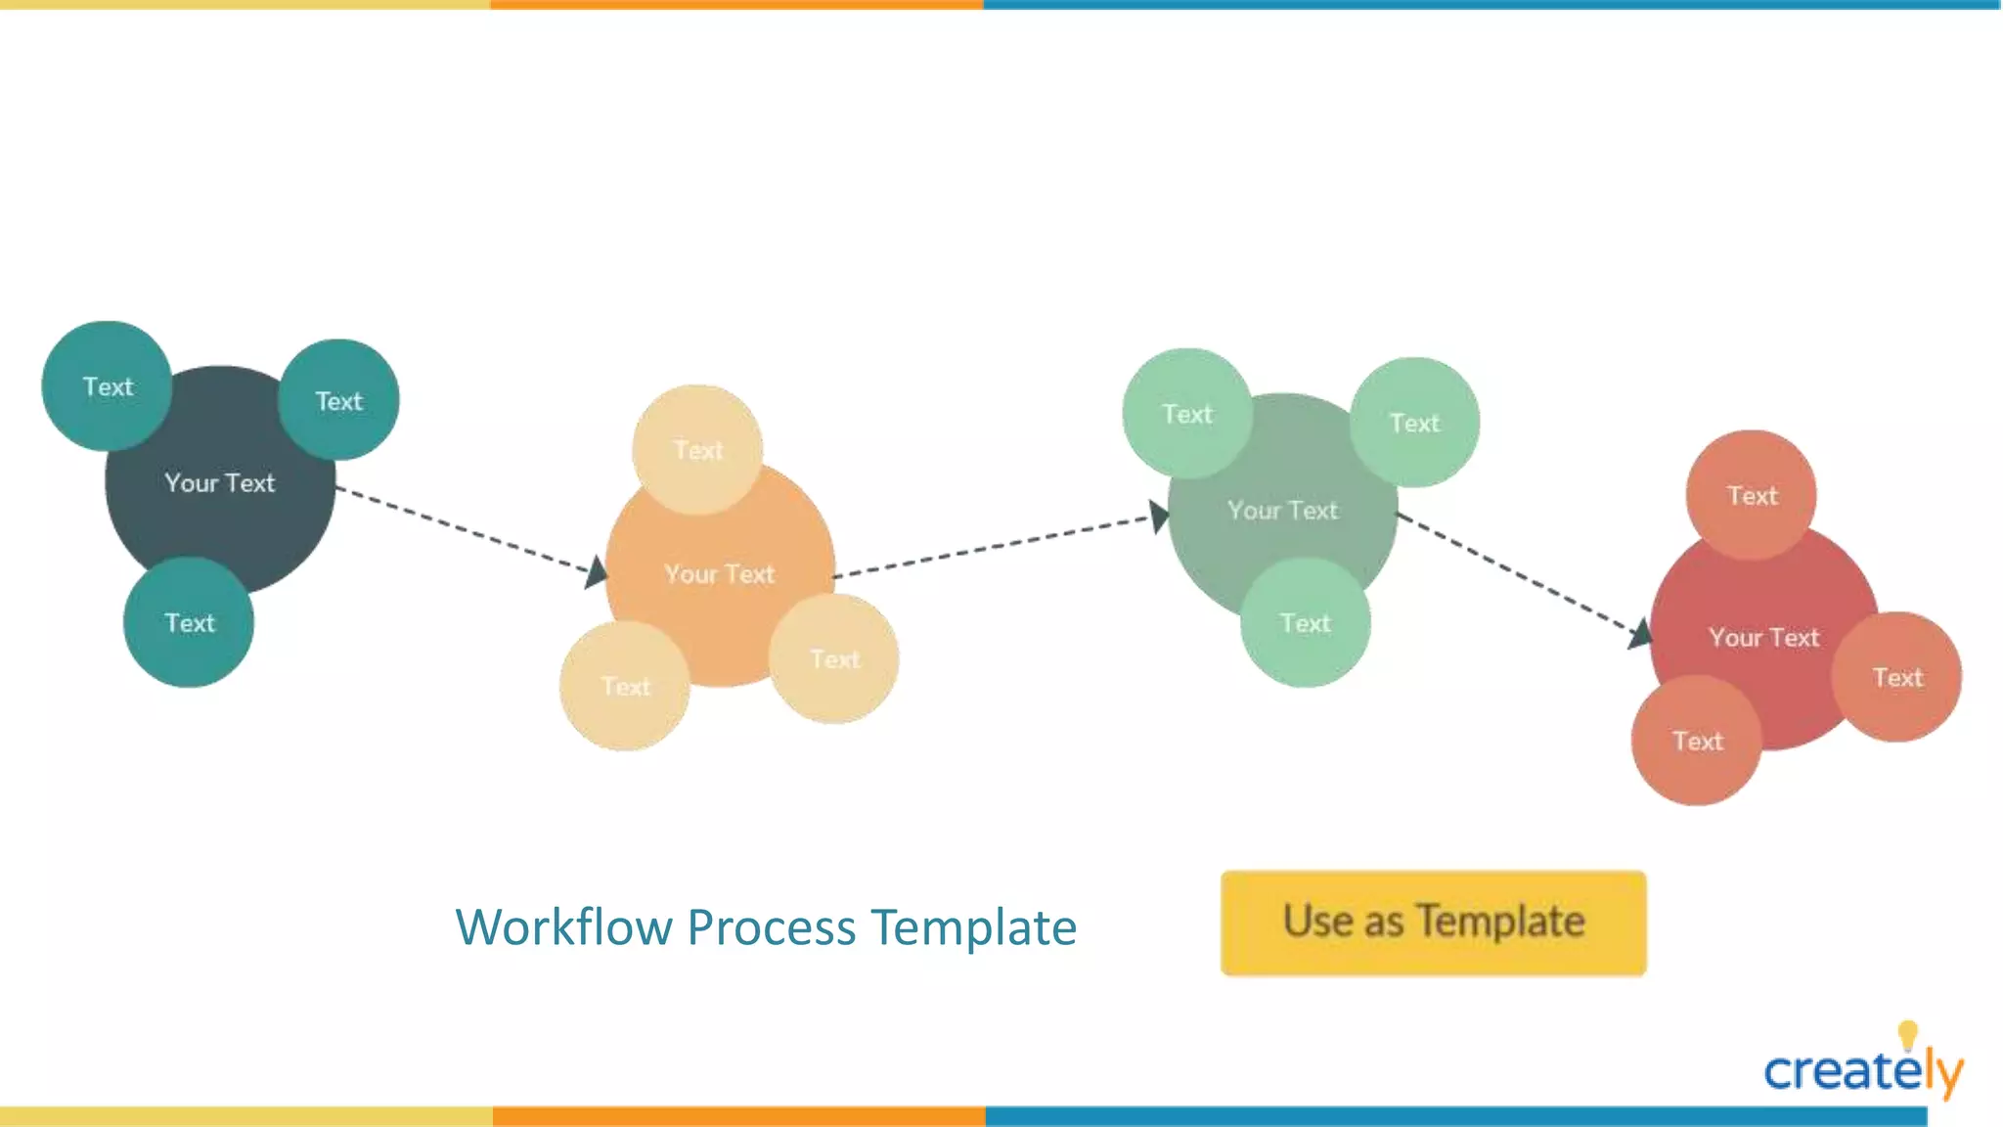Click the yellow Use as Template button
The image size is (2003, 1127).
click(1433, 923)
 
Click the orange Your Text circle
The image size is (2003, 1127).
click(720, 577)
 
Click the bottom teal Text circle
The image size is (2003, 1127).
click(189, 623)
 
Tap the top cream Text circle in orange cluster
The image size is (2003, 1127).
click(697, 450)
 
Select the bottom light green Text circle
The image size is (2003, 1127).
click(1305, 623)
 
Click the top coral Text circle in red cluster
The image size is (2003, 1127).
click(1751, 496)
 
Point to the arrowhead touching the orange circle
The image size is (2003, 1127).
click(597, 571)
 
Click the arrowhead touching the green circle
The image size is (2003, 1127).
click(1159, 517)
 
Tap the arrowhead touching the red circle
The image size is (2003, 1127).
click(1640, 635)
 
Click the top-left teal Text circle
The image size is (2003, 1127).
click(108, 386)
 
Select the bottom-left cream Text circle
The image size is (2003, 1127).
click(625, 687)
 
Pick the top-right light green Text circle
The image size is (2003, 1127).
click(1414, 423)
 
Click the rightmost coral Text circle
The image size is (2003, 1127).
click(1896, 677)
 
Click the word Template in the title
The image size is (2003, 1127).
click(973, 927)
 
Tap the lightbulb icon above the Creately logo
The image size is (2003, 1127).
click(1907, 1034)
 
